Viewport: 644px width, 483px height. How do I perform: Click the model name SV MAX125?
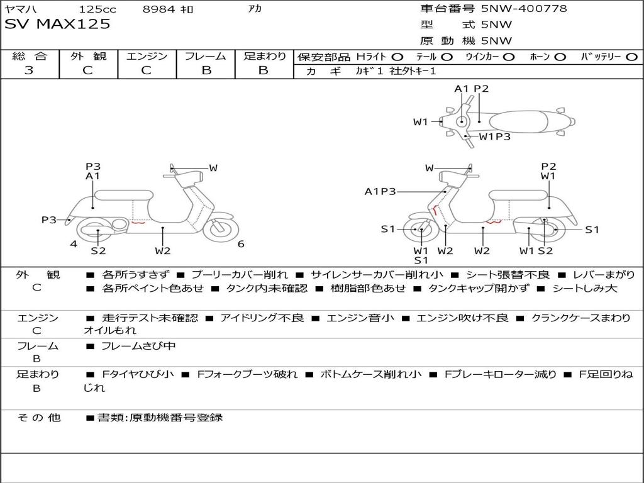click(57, 25)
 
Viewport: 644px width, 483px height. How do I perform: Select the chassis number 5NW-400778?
click(524, 9)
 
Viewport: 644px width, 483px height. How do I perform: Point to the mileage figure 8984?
click(158, 9)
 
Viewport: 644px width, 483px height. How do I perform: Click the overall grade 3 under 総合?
click(29, 70)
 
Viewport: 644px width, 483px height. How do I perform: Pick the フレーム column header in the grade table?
click(206, 56)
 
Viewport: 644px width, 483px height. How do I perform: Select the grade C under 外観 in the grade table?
click(87, 70)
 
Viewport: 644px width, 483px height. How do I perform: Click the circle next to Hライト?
click(398, 57)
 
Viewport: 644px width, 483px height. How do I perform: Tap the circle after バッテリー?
click(631, 57)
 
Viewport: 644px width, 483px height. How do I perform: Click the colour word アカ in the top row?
click(255, 9)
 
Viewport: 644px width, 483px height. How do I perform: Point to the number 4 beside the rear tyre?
click(74, 244)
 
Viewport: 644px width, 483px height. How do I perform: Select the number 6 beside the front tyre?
click(241, 244)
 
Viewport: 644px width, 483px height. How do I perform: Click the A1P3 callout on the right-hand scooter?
click(380, 191)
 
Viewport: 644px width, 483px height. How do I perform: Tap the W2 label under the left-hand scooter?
click(163, 251)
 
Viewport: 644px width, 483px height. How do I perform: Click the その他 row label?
click(38, 417)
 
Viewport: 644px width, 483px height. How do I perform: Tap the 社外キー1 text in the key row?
click(411, 71)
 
